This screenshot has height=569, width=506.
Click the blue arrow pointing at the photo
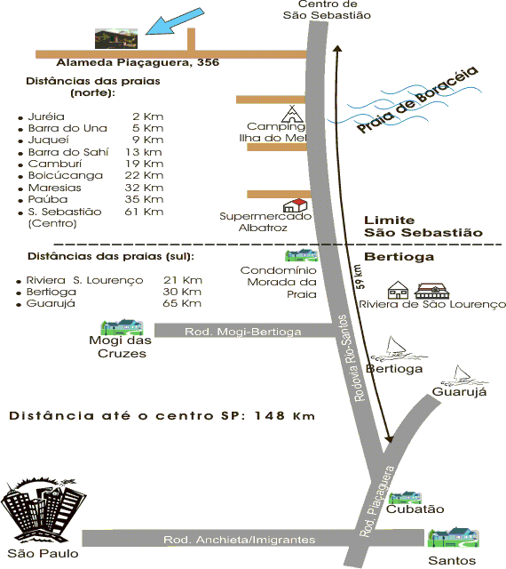click(x=174, y=21)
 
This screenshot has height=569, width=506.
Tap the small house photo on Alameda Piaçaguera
click(x=116, y=38)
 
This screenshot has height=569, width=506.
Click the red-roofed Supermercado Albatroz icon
click(x=295, y=205)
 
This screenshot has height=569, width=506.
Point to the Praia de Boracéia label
click(x=417, y=100)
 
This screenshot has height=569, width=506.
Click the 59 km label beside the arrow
click(x=360, y=276)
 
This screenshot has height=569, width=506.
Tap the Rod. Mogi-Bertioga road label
click(x=243, y=332)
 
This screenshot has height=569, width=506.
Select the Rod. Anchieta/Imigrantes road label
click(x=239, y=540)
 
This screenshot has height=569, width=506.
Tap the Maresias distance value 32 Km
click(x=145, y=188)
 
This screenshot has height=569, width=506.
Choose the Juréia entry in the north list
click(x=46, y=116)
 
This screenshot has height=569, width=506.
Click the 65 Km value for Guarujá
click(x=182, y=303)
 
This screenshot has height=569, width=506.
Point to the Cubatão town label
click(x=415, y=509)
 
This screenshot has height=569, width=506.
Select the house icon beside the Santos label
click(x=453, y=537)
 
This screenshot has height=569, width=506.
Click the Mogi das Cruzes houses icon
click(x=122, y=327)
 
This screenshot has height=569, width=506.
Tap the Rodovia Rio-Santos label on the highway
click(x=350, y=357)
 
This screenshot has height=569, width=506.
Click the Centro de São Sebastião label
click(x=327, y=10)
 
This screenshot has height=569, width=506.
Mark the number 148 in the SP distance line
click(x=270, y=415)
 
